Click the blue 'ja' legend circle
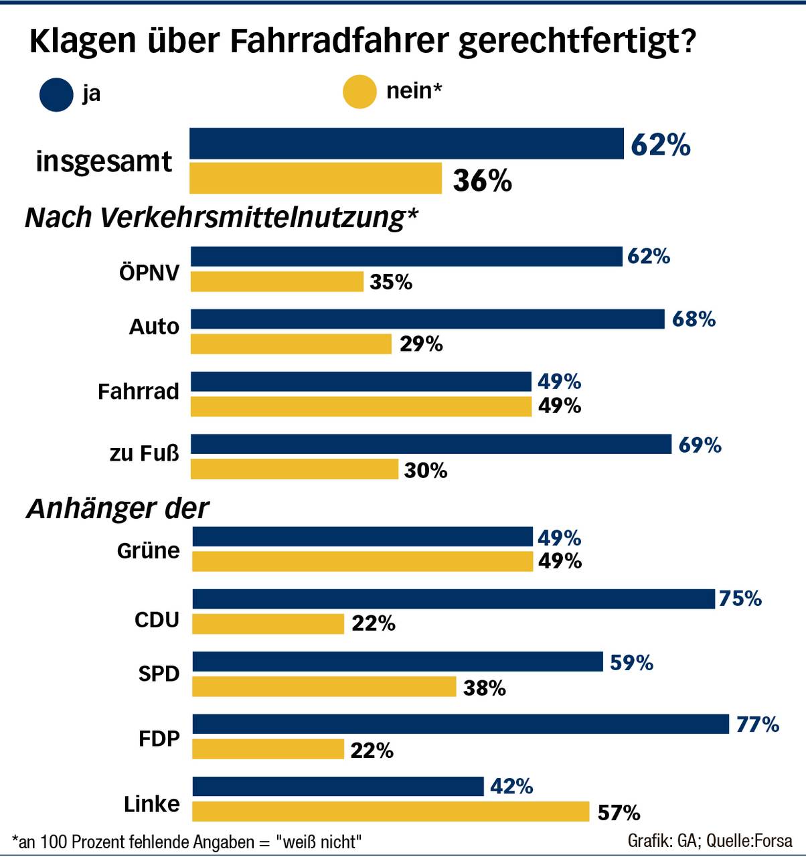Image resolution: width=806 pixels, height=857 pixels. coord(56,94)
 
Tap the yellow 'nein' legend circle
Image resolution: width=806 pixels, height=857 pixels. coord(359,92)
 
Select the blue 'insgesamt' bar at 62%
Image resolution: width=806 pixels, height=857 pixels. coord(406,143)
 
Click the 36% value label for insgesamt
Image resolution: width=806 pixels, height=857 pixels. coord(482,180)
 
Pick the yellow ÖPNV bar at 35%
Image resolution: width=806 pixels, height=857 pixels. coord(277,282)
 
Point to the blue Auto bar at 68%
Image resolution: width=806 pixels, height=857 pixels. coord(427,319)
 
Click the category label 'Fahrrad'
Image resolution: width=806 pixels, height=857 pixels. coord(139,391)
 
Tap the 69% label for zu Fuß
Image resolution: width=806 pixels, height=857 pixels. coord(700,445)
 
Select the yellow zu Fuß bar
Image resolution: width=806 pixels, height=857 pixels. coord(295,469)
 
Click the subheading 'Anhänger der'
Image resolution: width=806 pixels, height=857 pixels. coord(118,509)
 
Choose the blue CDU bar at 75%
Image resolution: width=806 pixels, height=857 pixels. coord(453,599)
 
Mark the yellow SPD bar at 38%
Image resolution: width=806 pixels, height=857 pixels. coord(324,687)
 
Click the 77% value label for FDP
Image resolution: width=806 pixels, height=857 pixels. coord(757,724)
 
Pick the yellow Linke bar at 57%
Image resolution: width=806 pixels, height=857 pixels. coord(390,811)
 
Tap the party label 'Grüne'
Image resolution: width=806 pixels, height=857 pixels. coord(148,550)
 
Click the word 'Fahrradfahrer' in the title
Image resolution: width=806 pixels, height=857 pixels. coord(339,42)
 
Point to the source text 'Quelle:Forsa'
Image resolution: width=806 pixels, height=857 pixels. coord(749,840)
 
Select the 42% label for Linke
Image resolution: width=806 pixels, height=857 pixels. coord(511,786)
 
